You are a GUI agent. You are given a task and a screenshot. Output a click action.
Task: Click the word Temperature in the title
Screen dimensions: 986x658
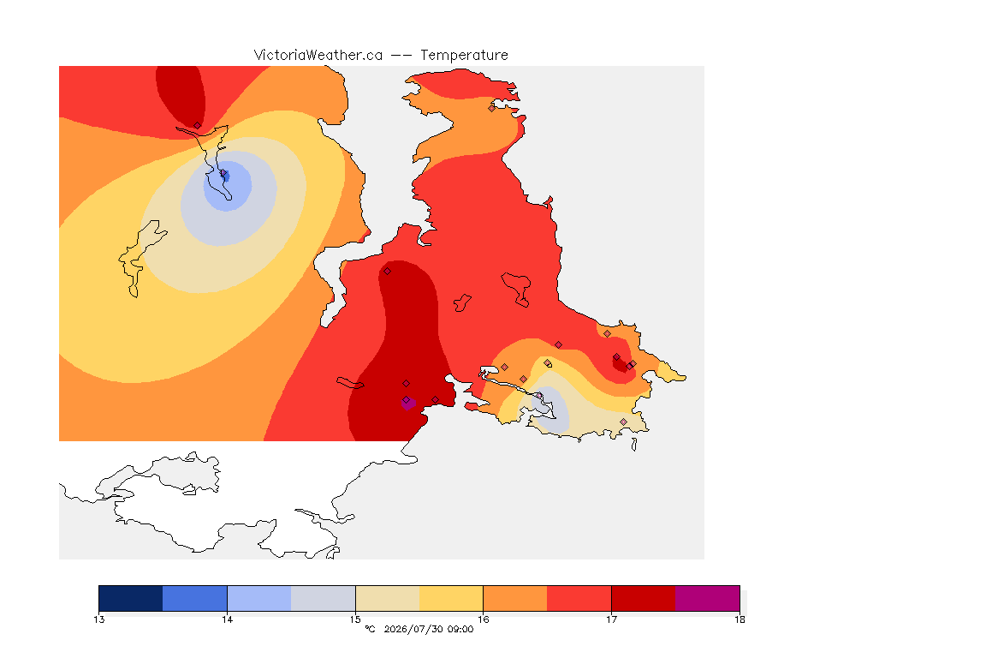coord(464,56)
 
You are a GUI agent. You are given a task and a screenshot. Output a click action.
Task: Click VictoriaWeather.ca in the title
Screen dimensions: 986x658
coord(318,56)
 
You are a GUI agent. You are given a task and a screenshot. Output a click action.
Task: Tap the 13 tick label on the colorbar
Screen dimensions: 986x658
coord(98,619)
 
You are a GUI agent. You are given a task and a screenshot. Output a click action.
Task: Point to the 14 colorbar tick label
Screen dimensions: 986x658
coord(227,619)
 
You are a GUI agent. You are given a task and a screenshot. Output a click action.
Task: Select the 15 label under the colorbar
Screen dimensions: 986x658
coord(355,619)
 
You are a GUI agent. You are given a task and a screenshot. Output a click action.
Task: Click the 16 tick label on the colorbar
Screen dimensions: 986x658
coord(483,619)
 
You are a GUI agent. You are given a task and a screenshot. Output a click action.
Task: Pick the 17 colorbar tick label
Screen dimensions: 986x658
coord(611,619)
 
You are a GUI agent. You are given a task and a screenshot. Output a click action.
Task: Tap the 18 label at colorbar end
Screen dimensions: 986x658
coord(739,619)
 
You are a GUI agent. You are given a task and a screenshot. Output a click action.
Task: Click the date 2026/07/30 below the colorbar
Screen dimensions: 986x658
coord(413,629)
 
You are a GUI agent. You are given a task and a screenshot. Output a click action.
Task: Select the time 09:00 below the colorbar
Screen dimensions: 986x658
coord(460,629)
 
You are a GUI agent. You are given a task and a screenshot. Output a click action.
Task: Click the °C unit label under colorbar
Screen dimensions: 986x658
coord(370,629)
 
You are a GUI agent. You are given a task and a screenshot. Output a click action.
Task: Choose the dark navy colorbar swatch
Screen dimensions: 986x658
coord(131,598)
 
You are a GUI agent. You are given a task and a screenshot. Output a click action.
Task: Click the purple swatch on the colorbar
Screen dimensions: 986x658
coord(708,598)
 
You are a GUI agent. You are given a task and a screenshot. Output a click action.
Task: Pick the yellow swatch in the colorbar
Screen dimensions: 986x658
coord(451,598)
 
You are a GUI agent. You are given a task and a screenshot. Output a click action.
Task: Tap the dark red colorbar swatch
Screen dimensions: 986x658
coord(644,598)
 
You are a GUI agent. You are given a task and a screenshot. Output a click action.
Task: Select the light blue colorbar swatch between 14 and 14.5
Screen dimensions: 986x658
coord(259,598)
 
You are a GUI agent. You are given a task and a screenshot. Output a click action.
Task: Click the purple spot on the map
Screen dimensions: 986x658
coord(408,403)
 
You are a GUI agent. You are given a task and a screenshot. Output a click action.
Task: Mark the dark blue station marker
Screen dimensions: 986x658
coord(224,176)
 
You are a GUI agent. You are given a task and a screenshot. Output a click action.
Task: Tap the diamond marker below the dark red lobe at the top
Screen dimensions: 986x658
coord(198,126)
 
